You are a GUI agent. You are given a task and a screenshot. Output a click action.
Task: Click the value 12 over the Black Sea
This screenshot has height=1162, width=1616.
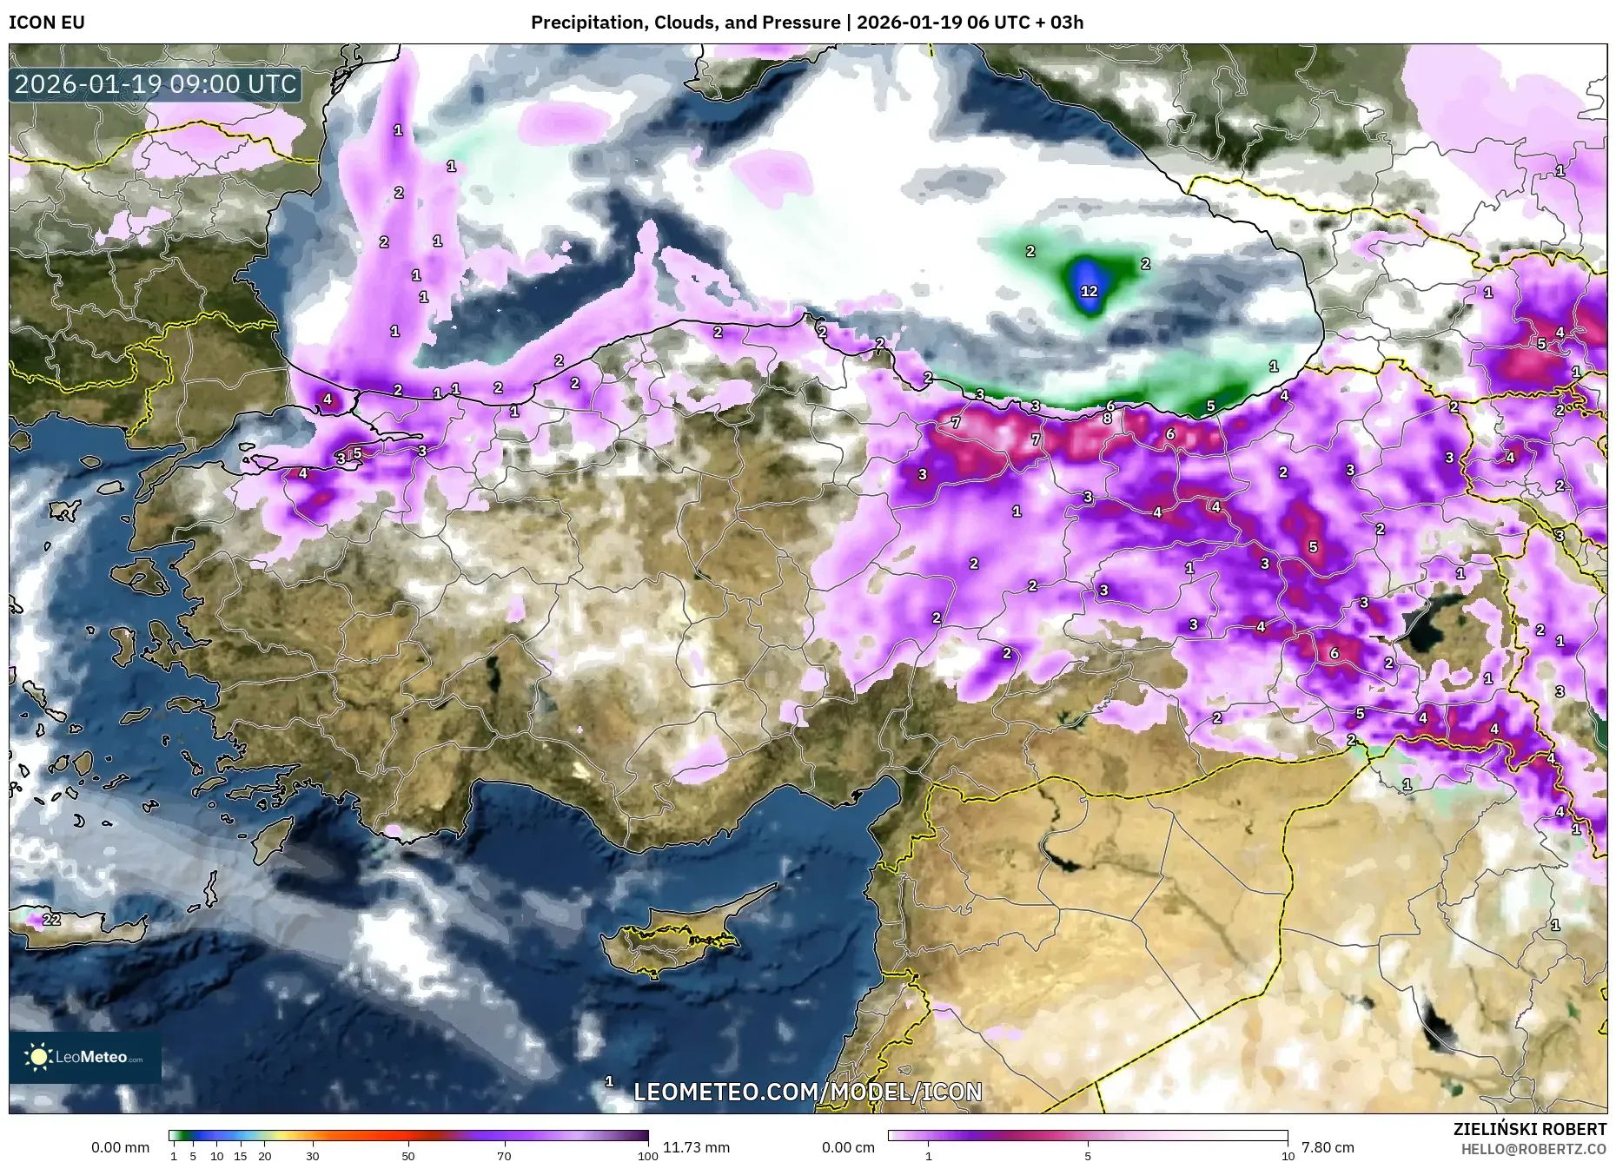pyautogui.click(x=1089, y=291)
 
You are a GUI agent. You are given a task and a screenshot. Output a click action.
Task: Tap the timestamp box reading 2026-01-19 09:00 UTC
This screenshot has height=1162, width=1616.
pyautogui.click(x=156, y=84)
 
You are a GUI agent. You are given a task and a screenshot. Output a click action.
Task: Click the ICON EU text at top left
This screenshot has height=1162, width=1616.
pyautogui.click(x=47, y=23)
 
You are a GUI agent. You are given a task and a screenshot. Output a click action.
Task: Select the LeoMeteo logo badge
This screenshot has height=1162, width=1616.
pyautogui.click(x=84, y=1057)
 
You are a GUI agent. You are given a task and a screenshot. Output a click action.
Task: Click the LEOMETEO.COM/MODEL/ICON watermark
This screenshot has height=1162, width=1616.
pyautogui.click(x=808, y=1092)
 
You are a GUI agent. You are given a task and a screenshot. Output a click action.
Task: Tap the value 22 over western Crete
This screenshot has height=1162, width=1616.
pyautogui.click(x=51, y=919)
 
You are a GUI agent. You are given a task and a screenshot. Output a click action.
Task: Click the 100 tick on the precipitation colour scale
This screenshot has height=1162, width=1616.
pyautogui.click(x=647, y=1156)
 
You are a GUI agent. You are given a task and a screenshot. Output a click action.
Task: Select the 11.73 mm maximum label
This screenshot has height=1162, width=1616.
pyautogui.click(x=696, y=1147)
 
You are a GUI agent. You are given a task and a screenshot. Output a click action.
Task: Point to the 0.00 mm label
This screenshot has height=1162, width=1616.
pyautogui.click(x=120, y=1147)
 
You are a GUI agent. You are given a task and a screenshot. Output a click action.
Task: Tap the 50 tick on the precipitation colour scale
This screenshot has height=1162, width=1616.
pyautogui.click(x=408, y=1156)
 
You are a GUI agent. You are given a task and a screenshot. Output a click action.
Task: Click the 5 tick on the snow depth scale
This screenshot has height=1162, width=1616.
pyautogui.click(x=1088, y=1156)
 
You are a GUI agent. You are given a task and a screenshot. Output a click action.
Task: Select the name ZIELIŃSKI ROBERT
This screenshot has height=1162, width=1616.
pyautogui.click(x=1529, y=1129)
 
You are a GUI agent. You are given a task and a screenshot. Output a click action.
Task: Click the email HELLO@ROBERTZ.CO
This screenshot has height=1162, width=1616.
pyautogui.click(x=1533, y=1149)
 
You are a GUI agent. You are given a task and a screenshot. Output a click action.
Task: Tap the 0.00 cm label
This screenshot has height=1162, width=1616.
pyautogui.click(x=847, y=1147)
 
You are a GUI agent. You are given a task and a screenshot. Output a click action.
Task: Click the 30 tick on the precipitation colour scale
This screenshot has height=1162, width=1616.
pyautogui.click(x=312, y=1156)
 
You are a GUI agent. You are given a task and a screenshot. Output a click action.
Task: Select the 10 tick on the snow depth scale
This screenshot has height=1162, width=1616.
pyautogui.click(x=1287, y=1156)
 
